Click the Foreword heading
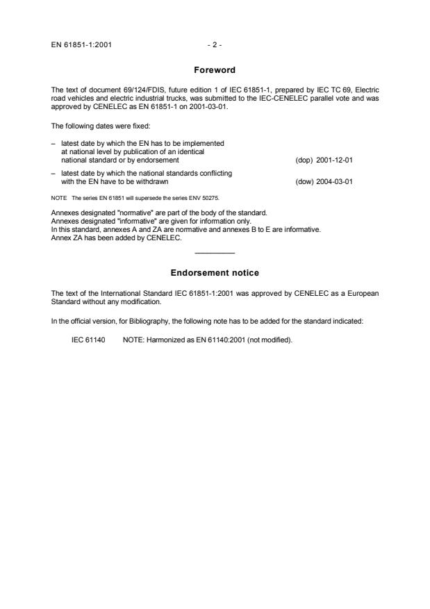click(x=215, y=69)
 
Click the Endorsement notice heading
click(x=215, y=273)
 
